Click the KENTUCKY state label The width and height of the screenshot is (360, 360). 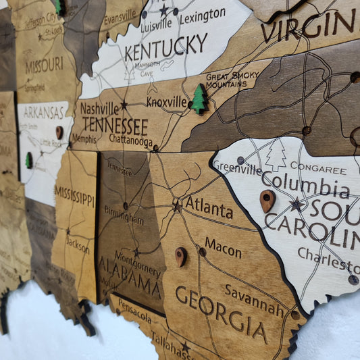click(x=165, y=46)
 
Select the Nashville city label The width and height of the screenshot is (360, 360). click(x=99, y=107)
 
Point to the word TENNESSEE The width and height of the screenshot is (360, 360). click(x=115, y=126)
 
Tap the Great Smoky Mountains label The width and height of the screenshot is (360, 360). click(x=226, y=80)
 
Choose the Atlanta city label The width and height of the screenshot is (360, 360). click(x=209, y=207)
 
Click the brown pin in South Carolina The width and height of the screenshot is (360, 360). click(x=267, y=201)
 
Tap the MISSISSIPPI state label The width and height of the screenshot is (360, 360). click(x=75, y=197)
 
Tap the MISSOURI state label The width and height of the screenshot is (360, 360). click(x=44, y=66)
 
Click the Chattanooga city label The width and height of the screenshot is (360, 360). click(x=130, y=141)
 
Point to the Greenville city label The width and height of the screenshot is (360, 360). click(x=237, y=169)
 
